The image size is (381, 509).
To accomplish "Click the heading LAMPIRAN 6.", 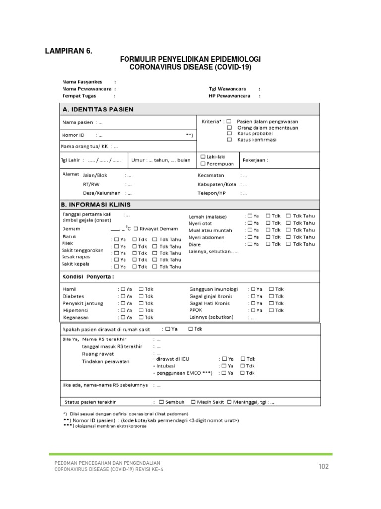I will (69, 50).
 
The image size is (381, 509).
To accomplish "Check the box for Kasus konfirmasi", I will (229, 140).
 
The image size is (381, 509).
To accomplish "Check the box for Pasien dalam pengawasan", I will (229, 121).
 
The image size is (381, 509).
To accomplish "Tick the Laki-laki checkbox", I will (203, 156).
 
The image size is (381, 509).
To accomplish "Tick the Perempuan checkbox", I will (203, 163).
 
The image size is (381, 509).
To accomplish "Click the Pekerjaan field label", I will (255, 160).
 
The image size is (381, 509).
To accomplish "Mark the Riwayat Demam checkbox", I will (136, 229).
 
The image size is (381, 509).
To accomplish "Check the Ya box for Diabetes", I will (121, 296).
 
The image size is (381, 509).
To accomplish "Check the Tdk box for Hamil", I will (141, 289).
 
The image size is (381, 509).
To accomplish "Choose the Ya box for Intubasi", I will (225, 365).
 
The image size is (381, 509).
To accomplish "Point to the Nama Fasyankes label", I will (81, 81).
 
